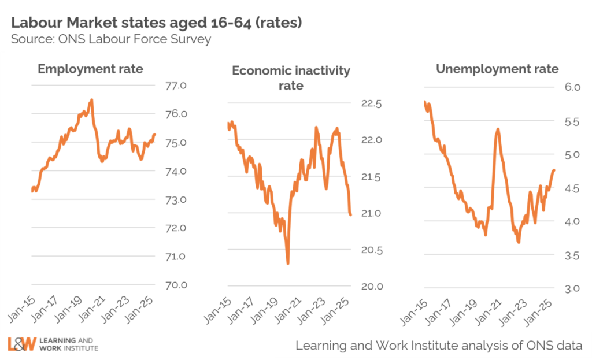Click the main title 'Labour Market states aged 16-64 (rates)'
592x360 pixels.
(157, 23)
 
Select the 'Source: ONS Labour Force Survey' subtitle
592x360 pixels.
(110, 39)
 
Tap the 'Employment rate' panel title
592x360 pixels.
(90, 69)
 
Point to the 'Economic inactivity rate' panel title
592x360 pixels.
(291, 78)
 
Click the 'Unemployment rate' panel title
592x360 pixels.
(497, 69)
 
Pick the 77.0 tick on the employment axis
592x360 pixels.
(174, 86)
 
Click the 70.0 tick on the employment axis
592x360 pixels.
(174, 285)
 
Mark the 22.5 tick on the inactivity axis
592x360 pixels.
(371, 104)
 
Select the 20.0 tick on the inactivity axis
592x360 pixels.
(371, 287)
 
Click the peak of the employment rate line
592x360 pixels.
(91, 100)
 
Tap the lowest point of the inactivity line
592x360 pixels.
(287, 263)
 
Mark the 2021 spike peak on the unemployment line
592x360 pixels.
(498, 129)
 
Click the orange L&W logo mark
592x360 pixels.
(21, 344)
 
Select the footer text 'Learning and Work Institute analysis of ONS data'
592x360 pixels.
(439, 346)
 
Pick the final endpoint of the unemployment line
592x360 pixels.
(554, 170)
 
